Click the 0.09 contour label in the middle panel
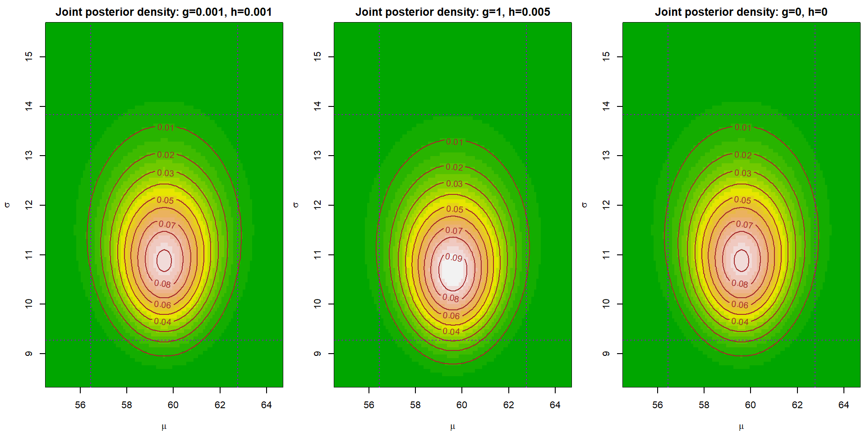[454, 258]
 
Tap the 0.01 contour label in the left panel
[166, 128]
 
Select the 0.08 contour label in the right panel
[740, 284]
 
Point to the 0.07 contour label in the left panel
[167, 224]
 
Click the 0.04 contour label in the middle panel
[451, 332]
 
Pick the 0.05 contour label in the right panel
[742, 200]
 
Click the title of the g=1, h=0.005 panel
[452, 12]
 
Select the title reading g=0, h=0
[741, 12]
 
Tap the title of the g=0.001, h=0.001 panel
[164, 12]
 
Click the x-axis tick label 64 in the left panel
[266, 405]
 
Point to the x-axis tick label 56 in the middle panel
[369, 405]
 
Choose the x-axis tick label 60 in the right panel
[751, 405]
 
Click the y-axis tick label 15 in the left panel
[29, 56]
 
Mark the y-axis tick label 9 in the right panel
[606, 354]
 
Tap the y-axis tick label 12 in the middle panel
[318, 205]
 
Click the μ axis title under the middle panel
[452, 426]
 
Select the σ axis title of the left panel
[7, 205]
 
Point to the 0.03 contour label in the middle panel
[454, 184]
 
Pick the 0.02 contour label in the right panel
[743, 155]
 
